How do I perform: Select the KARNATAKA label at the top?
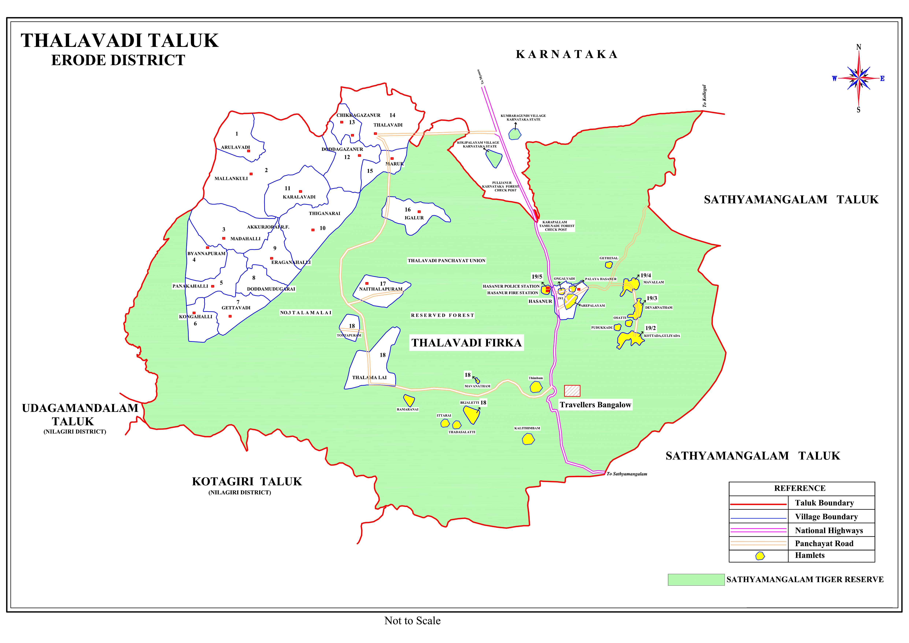pyautogui.click(x=567, y=55)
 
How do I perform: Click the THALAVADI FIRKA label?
pyautogui.click(x=466, y=343)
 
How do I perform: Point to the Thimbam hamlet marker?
pyautogui.click(x=536, y=387)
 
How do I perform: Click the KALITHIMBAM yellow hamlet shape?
pyautogui.click(x=528, y=439)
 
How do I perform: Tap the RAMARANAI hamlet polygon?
pyautogui.click(x=409, y=400)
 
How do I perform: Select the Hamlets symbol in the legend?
pyautogui.click(x=760, y=556)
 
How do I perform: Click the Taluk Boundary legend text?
pyautogui.click(x=824, y=503)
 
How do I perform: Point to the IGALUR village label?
pyautogui.click(x=414, y=218)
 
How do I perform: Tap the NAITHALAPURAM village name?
pyautogui.click(x=380, y=289)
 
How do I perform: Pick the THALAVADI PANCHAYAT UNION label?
pyautogui.click(x=446, y=261)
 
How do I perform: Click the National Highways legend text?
pyautogui.click(x=829, y=530)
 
